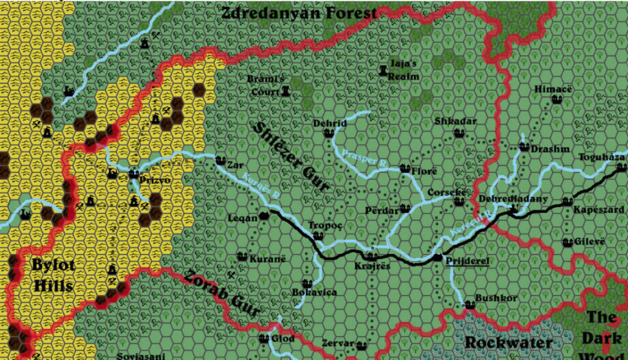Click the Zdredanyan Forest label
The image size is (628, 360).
coord(298,13)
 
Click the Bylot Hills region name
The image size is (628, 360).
coord(53,275)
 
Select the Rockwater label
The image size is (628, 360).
coord(508,343)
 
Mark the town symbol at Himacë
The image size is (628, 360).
coord(557,100)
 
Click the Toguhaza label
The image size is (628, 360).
coord(602,157)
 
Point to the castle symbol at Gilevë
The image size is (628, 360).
coord(567,242)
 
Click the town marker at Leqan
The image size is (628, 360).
coord(264,215)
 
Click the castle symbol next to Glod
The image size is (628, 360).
coord(264,339)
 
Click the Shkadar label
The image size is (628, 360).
coord(456,121)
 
